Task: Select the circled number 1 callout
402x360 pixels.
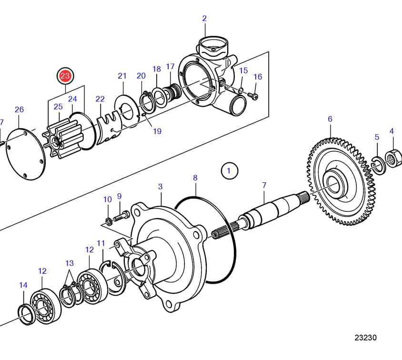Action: tap(229, 170)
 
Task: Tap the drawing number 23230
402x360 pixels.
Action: tap(365, 338)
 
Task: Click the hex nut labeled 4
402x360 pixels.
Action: tap(393, 158)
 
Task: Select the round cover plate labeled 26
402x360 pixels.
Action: tap(24, 153)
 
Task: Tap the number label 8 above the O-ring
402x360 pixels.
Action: tap(195, 178)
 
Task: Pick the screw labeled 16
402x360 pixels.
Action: tap(254, 97)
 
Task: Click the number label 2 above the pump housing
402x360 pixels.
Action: tap(204, 19)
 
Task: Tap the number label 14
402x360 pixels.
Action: tap(23, 285)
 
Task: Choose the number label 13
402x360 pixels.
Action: tap(70, 263)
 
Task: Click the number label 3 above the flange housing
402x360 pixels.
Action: tap(161, 187)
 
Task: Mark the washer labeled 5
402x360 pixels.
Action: tap(377, 164)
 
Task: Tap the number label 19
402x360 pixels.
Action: tap(157, 131)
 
